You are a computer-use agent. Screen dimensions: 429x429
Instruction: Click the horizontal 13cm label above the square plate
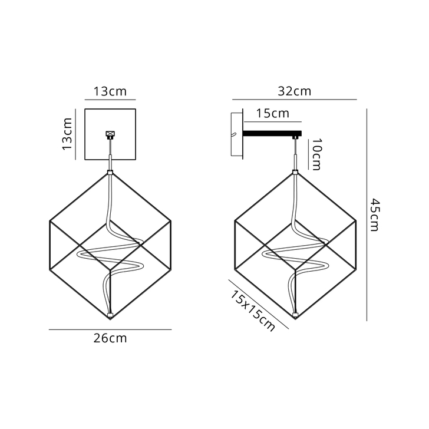click(110, 91)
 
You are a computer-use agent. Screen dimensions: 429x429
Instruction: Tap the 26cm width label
click(110, 338)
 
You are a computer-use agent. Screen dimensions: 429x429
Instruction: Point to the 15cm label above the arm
click(272, 113)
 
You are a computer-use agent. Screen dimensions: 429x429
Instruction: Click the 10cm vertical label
click(316, 154)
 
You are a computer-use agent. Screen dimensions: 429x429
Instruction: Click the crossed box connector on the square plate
click(110, 134)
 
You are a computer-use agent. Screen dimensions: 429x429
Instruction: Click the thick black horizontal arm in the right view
click(272, 134)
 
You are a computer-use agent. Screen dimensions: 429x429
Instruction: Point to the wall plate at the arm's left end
click(236, 134)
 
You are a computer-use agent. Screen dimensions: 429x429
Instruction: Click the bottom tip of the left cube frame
click(110, 318)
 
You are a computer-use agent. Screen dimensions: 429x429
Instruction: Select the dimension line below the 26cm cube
click(110, 329)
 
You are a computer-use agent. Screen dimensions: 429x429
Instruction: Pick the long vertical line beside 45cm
click(367, 214)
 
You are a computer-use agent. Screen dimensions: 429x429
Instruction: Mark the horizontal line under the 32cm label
click(294, 100)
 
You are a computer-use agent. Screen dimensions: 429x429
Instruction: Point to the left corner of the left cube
click(49, 222)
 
